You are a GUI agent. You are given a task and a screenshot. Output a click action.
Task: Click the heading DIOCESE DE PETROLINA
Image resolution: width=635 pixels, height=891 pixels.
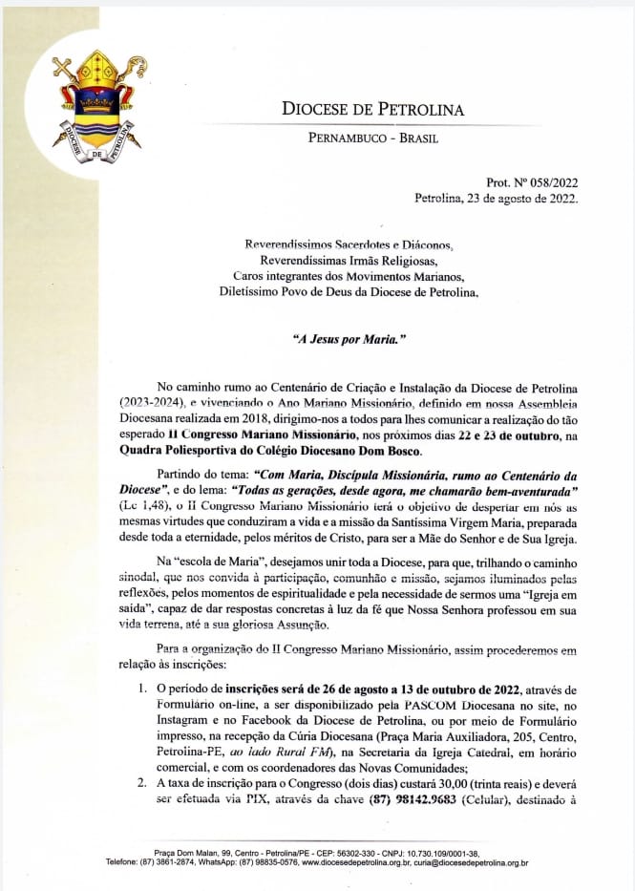tap(373, 109)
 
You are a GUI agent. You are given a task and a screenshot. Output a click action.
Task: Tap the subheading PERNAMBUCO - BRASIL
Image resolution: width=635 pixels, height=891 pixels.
tap(373, 138)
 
